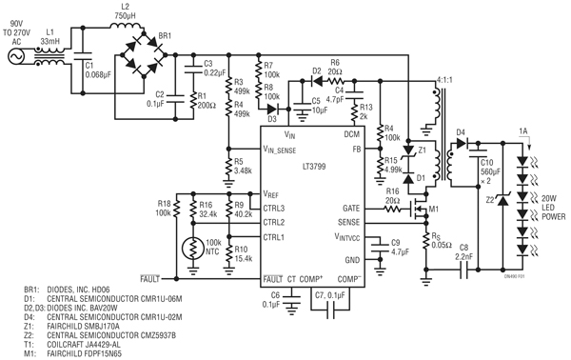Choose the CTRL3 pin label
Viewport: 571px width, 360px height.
coord(277,207)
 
